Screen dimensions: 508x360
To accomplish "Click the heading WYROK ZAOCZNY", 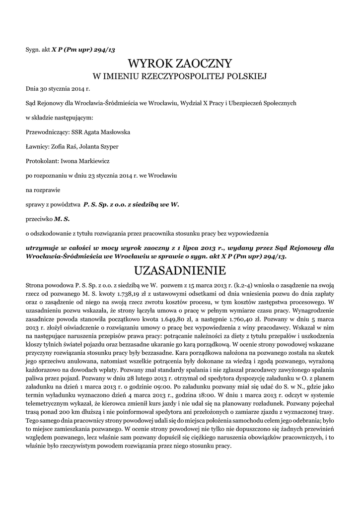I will tap(180, 63).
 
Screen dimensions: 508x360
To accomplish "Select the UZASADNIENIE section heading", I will tap(180, 270).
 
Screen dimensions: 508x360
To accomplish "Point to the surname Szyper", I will tap(109, 147).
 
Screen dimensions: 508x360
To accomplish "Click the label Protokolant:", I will tap(42, 161).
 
